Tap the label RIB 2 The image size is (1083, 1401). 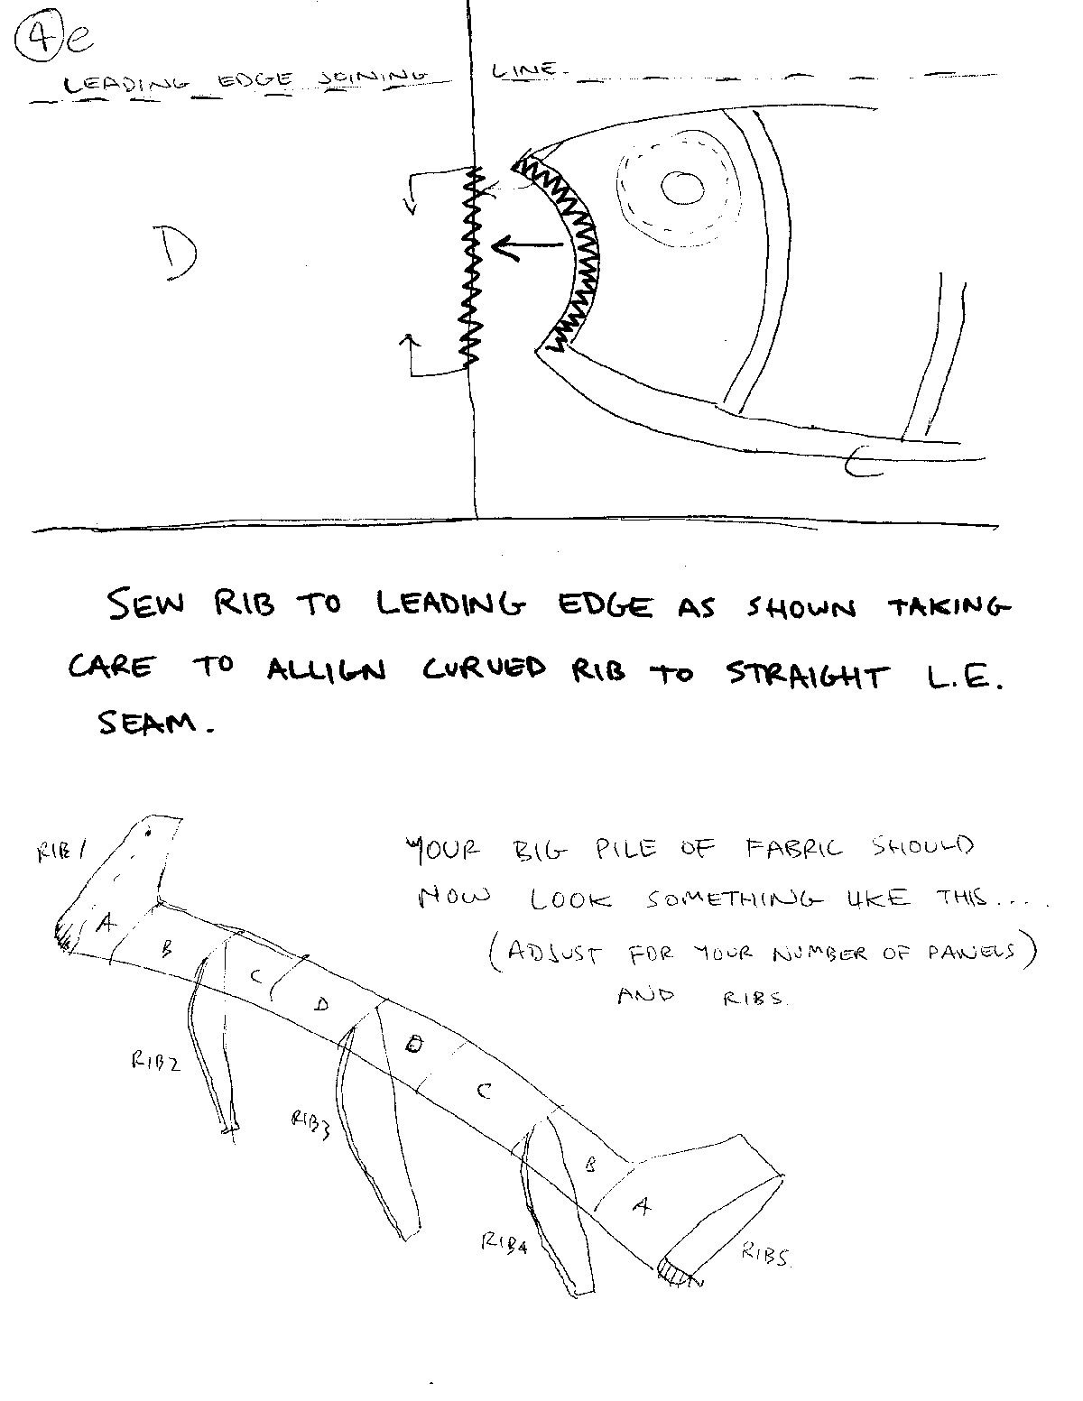[155, 1061]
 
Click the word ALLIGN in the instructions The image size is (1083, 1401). [327, 670]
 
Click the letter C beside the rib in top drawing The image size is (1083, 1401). [863, 462]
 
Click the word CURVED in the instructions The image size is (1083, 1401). [484, 669]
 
